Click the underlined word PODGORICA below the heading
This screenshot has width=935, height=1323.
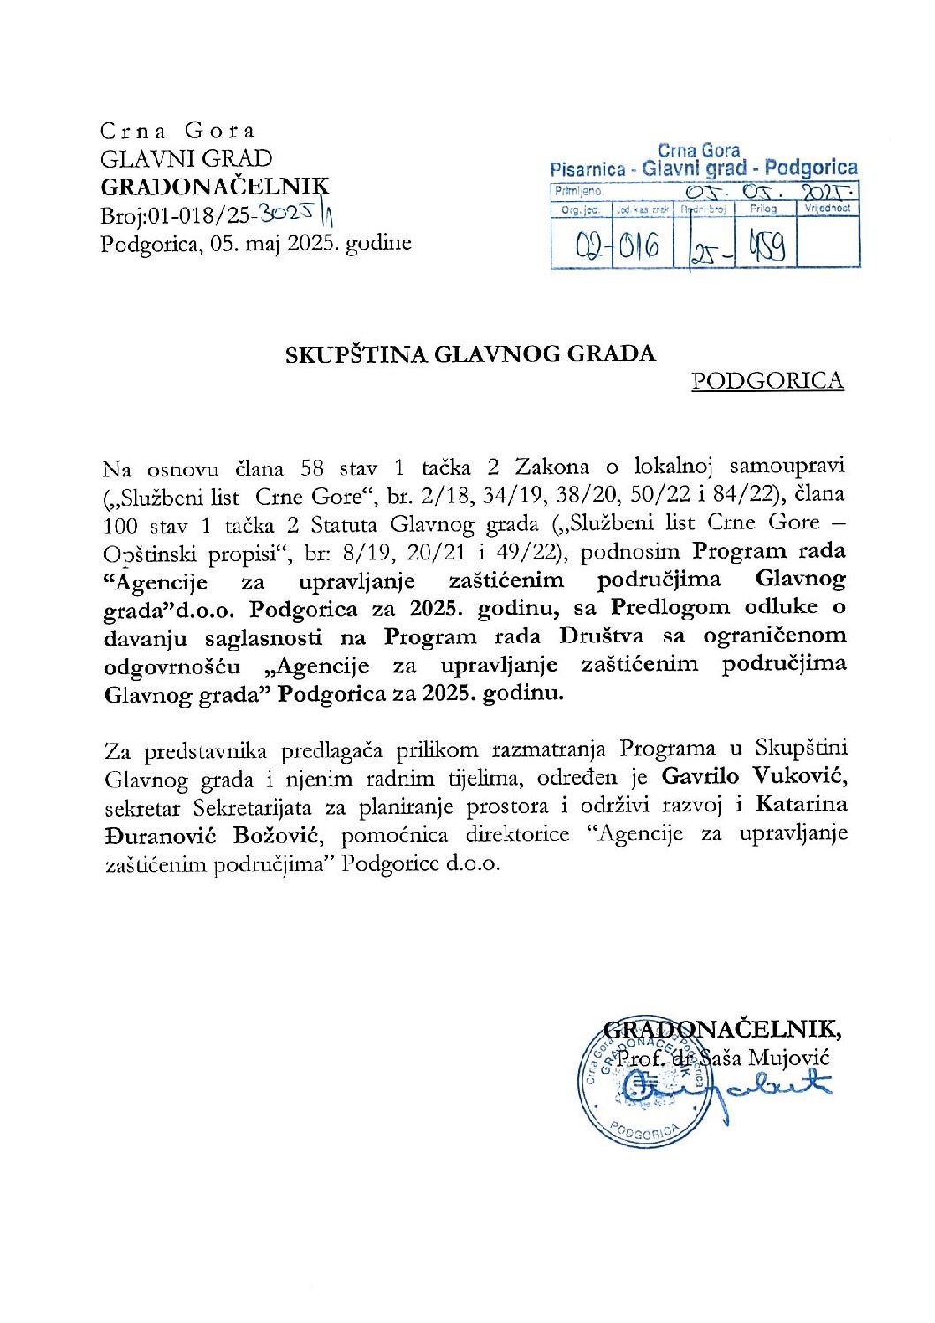click(x=767, y=381)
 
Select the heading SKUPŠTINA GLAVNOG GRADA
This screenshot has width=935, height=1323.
click(x=470, y=354)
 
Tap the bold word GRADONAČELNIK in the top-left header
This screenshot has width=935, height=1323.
click(x=214, y=186)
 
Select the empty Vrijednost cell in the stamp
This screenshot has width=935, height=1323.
click(x=828, y=241)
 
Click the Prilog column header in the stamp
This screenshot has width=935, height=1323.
click(x=764, y=209)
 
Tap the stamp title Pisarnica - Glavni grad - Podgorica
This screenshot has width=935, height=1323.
click(x=703, y=168)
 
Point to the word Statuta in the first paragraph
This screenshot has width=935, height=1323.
click(x=344, y=524)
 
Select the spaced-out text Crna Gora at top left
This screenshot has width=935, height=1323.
click(x=177, y=131)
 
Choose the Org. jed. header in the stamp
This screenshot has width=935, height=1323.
click(x=580, y=209)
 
